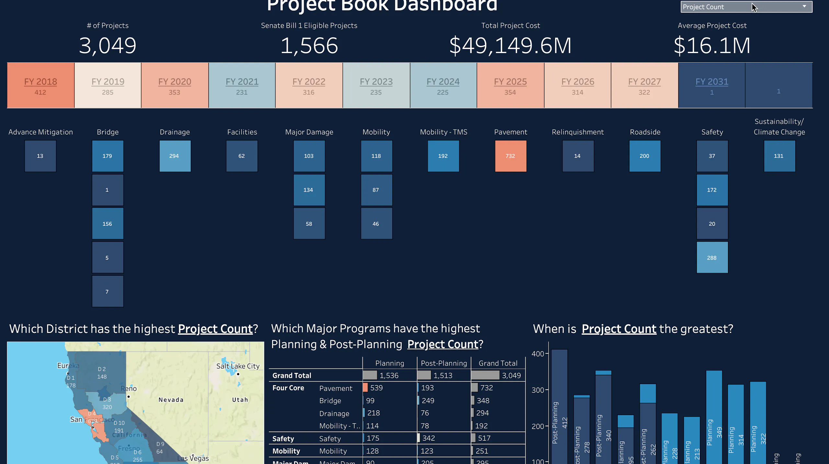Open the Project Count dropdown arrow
coord(804,6)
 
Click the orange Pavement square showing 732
coord(510,156)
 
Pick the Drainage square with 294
coord(175,156)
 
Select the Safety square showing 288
coord(712,258)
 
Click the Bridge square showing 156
coord(108,224)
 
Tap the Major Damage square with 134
coord(309,190)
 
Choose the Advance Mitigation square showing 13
coord(40,156)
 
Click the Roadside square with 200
coord(644,156)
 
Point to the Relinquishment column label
coord(577,132)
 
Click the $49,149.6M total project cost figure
coord(510,46)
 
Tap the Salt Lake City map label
coord(238,366)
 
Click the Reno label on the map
coord(129,388)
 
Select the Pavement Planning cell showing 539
coord(376,388)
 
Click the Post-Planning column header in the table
coord(444,363)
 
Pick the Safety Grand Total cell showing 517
coord(484,438)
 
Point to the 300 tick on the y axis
coord(538,390)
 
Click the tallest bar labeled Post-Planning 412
coord(559,404)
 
